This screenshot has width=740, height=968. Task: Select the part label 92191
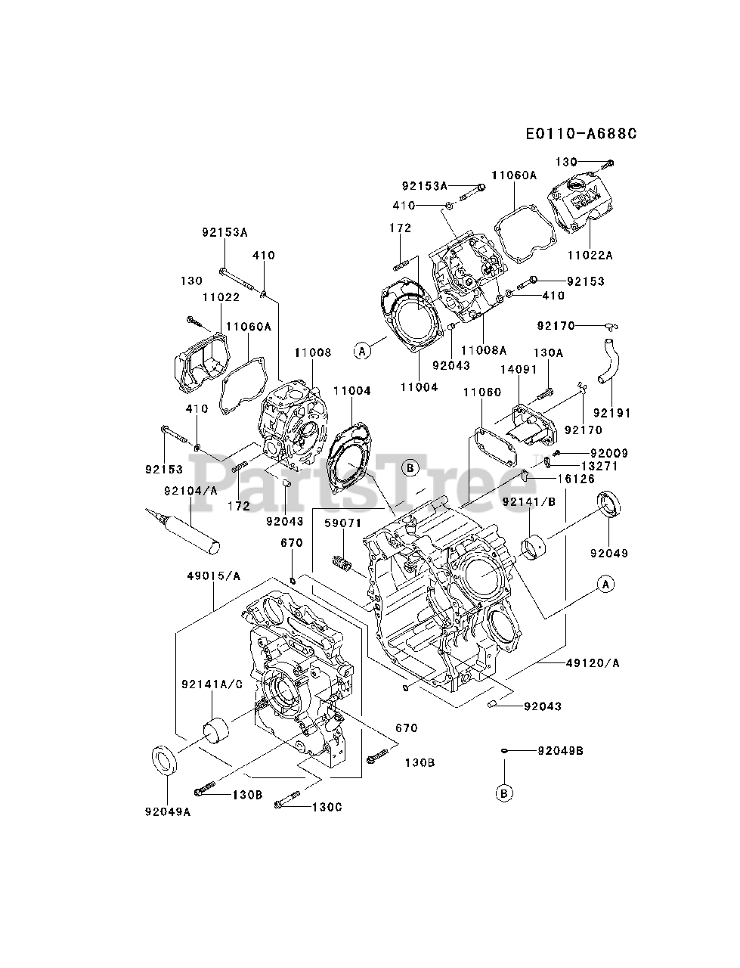[x=612, y=414]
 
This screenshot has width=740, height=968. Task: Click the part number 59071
[x=343, y=523]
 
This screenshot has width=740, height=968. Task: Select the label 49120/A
[x=593, y=663]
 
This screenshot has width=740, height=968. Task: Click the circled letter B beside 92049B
[x=505, y=793]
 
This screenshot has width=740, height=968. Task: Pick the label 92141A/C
[x=212, y=684]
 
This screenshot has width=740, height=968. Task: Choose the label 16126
[x=576, y=479]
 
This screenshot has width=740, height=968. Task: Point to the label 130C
[x=327, y=807]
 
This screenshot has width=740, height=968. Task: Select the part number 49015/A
[x=214, y=576]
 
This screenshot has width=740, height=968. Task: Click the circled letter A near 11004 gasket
[x=362, y=350]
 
